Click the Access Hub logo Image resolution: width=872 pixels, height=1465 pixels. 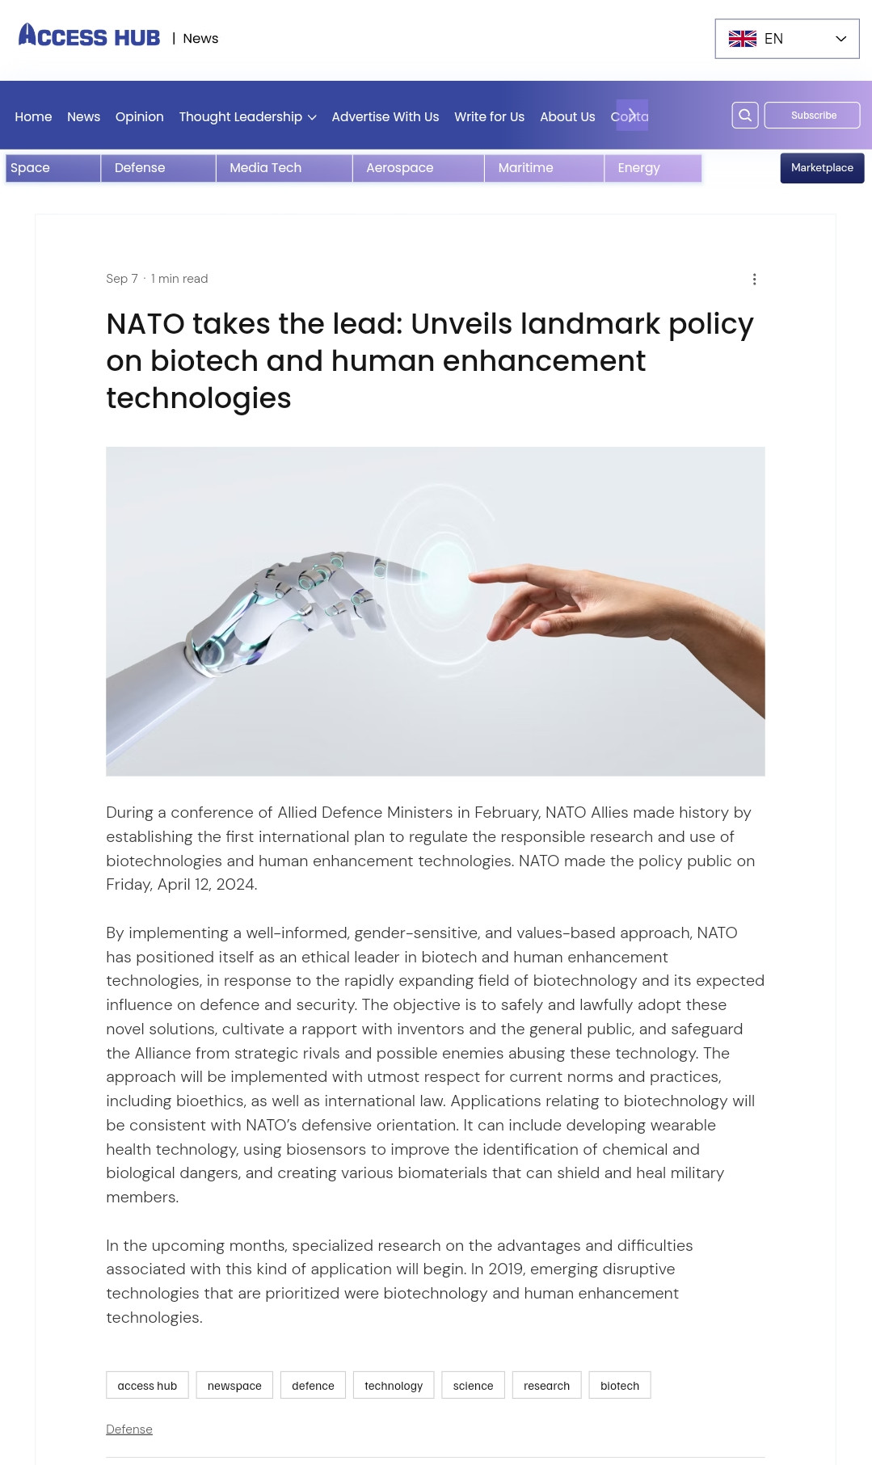click(x=90, y=36)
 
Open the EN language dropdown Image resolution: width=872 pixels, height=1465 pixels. click(x=786, y=39)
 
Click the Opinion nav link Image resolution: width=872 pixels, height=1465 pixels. click(x=139, y=117)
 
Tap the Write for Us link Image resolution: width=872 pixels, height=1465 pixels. click(x=489, y=117)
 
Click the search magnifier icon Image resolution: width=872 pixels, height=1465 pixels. click(x=745, y=116)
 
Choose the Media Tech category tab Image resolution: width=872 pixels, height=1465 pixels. click(x=266, y=168)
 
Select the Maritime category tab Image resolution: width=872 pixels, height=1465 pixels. click(x=526, y=168)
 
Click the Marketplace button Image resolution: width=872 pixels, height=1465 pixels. click(x=822, y=168)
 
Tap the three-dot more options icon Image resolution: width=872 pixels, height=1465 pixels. click(x=754, y=279)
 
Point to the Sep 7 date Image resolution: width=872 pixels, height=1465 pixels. click(x=122, y=279)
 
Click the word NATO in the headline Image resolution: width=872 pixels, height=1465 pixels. click(x=145, y=324)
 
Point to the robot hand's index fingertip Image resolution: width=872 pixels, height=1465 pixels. click(x=419, y=575)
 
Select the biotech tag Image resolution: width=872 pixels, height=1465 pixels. click(x=620, y=1385)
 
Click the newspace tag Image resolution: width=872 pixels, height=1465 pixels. click(x=234, y=1385)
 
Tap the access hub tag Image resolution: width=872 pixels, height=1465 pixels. click(x=147, y=1385)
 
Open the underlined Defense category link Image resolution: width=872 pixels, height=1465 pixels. click(x=129, y=1429)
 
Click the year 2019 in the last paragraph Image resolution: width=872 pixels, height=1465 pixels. click(x=505, y=1269)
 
